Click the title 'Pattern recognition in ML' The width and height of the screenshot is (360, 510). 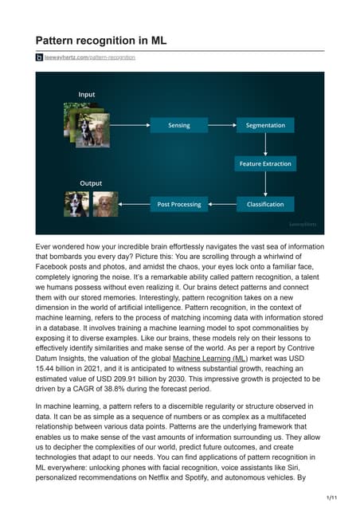pos(100,40)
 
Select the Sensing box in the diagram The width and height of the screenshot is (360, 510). pos(178,126)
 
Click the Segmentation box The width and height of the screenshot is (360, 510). pos(265,126)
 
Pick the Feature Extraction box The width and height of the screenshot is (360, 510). pos(265,164)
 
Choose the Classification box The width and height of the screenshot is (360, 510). pos(265,204)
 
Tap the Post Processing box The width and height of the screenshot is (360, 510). pos(178,204)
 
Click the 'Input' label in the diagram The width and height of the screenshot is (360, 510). pos(86,95)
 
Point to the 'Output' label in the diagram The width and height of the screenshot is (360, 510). pos(91,183)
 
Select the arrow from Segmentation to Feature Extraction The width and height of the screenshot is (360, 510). pos(265,145)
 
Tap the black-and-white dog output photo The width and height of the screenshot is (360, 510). pos(76,204)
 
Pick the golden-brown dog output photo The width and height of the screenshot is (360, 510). pos(105,204)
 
